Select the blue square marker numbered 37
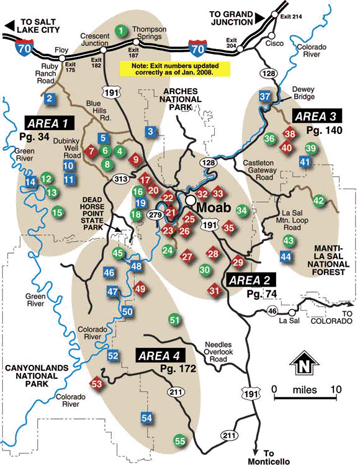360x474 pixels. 265,97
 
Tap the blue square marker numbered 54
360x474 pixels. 147,416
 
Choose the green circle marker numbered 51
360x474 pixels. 175,319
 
